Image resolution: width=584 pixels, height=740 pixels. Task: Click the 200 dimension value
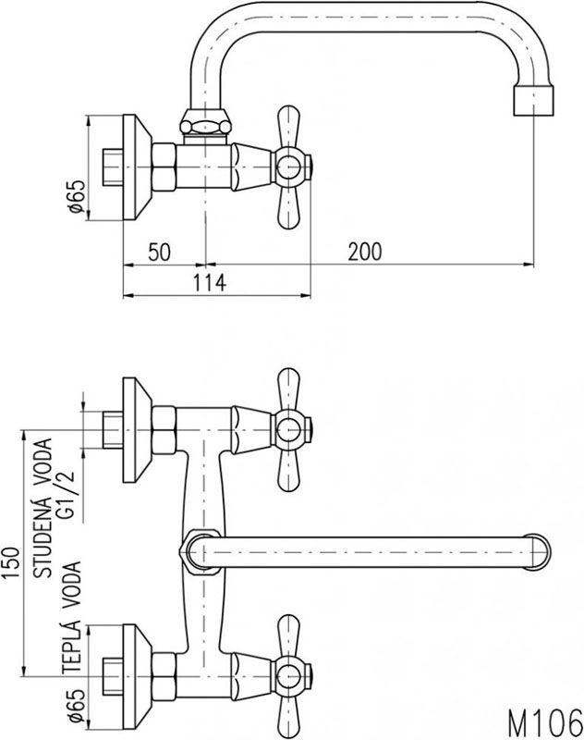[365, 251]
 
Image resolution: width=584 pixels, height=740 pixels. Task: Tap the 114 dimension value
[211, 282]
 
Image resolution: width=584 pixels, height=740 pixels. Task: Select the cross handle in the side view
[288, 167]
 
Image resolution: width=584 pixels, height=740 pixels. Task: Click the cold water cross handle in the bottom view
[288, 429]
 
